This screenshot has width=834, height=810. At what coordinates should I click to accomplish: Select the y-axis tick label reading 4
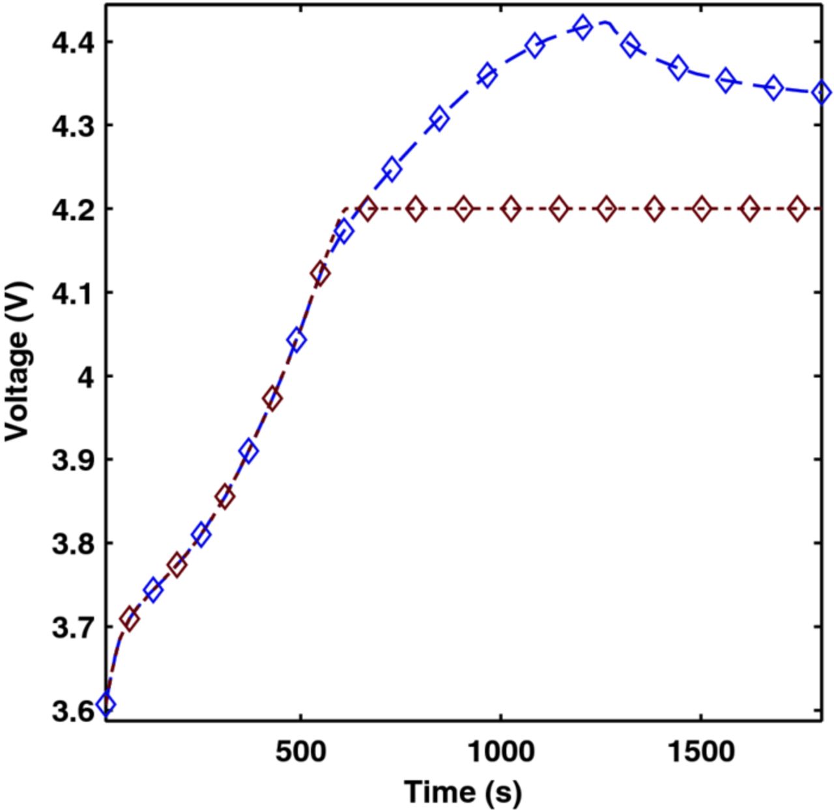coord(86,376)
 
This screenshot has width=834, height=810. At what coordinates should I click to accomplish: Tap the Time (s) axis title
coord(463,792)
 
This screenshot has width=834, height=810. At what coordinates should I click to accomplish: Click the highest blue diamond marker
coord(582,27)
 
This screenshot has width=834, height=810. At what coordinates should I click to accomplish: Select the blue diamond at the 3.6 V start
coord(106,704)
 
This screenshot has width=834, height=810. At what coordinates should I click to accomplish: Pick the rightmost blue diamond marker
coord(822,93)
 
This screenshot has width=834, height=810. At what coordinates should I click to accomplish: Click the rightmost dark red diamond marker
coord(797,209)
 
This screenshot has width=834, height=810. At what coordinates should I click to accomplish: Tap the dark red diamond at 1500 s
coord(701,209)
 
